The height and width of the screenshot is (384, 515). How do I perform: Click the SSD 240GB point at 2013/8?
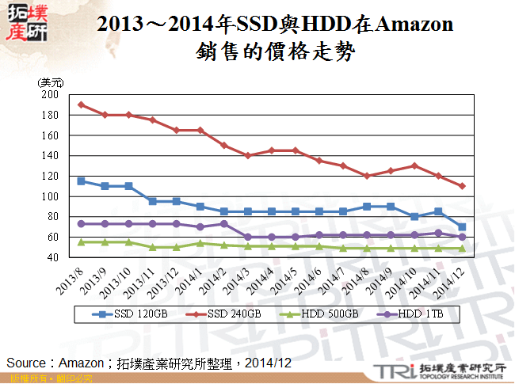pyautogui.click(x=82, y=105)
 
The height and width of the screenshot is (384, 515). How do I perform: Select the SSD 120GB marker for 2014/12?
pyautogui.click(x=462, y=226)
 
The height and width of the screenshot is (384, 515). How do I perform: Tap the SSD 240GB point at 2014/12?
pyautogui.click(x=462, y=186)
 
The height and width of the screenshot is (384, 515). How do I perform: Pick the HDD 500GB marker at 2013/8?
pyautogui.click(x=82, y=241)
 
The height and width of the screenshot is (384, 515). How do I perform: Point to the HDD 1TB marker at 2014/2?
pyautogui.click(x=224, y=223)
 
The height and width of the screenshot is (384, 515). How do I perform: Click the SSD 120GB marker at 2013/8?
pyautogui.click(x=82, y=181)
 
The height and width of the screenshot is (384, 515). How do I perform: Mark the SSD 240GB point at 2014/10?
pyautogui.click(x=414, y=165)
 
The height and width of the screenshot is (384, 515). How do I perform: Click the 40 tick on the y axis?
pyautogui.click(x=52, y=257)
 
